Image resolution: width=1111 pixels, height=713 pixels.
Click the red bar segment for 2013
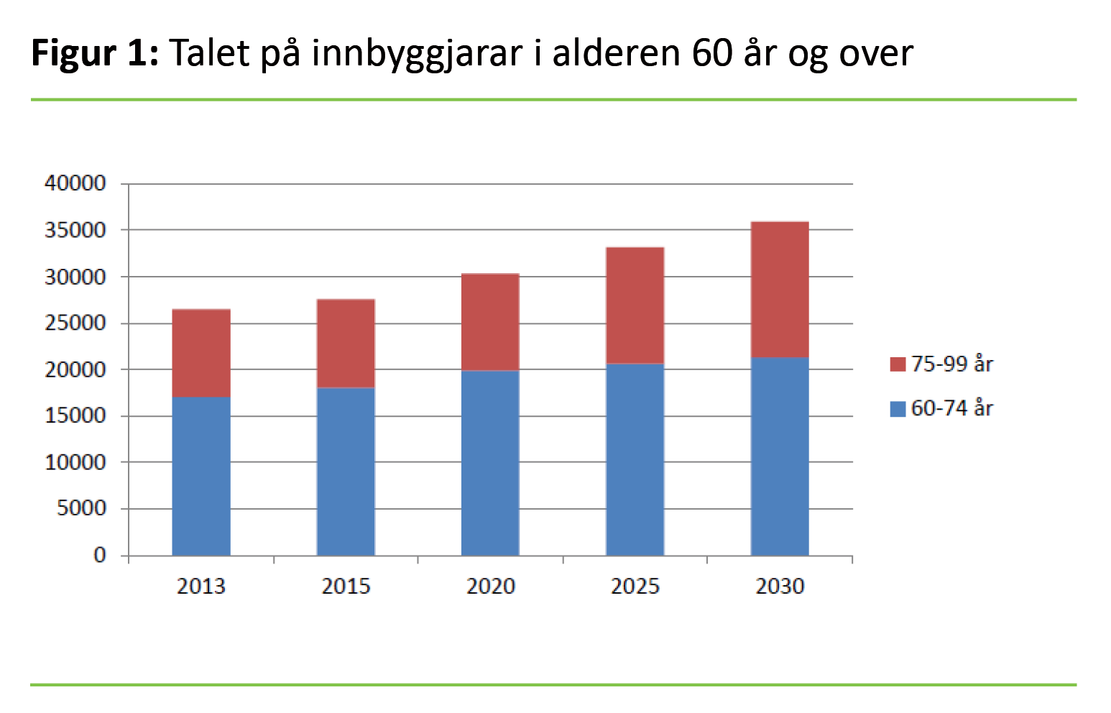click(201, 353)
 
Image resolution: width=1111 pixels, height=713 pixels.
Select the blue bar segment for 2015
click(346, 471)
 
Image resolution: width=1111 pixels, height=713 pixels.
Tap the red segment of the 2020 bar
click(490, 322)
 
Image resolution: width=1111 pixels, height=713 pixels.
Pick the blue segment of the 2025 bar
click(635, 459)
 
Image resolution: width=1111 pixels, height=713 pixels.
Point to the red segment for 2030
click(780, 290)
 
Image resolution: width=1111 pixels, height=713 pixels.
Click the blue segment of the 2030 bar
click(780, 456)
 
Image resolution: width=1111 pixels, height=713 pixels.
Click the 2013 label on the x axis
click(201, 586)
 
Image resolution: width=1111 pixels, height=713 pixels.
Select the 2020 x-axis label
click(491, 586)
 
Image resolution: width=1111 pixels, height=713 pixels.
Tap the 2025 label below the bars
click(635, 586)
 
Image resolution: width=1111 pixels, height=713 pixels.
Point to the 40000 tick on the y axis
click(75, 183)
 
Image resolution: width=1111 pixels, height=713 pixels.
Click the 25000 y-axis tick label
click(75, 323)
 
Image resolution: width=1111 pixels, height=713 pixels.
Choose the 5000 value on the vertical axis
click(80, 508)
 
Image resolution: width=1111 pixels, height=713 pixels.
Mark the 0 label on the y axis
click(100, 555)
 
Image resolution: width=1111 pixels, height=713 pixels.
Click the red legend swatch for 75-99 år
click(898, 364)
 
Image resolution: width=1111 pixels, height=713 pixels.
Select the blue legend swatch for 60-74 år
click(898, 409)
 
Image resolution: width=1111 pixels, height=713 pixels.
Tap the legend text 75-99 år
click(952, 364)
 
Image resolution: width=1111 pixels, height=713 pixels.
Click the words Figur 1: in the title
click(95, 53)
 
